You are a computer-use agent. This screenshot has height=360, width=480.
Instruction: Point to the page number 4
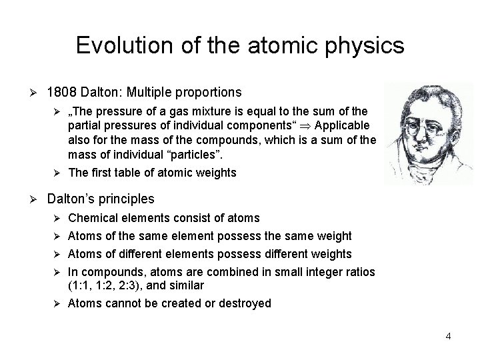(x=449, y=336)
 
